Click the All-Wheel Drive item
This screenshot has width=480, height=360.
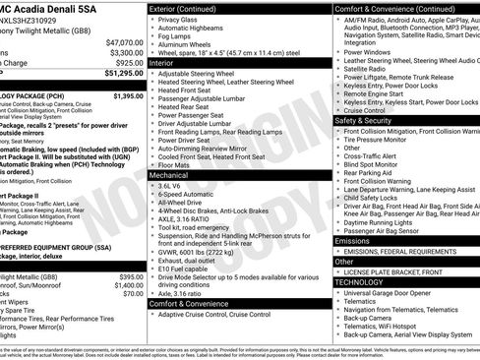pos(186,205)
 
